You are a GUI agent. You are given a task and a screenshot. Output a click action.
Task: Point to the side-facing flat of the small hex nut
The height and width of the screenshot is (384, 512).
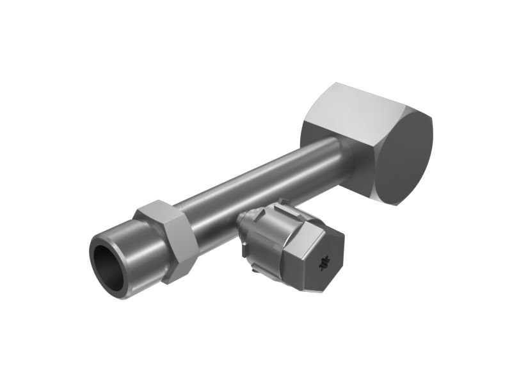coord(178,246)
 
